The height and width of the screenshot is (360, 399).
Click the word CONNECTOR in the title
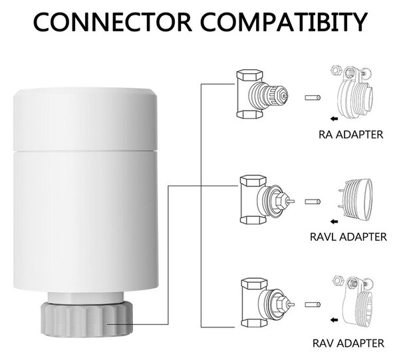(x=112, y=22)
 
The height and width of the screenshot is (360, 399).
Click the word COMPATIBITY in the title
(x=283, y=22)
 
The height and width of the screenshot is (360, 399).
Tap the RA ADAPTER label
(x=350, y=134)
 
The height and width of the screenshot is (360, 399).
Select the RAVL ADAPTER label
(x=348, y=237)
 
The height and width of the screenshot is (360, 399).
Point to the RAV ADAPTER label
(x=348, y=343)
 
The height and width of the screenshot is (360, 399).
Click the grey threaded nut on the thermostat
(x=86, y=319)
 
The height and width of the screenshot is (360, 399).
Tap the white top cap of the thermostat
(x=85, y=119)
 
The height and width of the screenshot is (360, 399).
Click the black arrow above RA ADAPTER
(x=334, y=118)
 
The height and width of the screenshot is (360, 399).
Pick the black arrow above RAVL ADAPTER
(x=334, y=222)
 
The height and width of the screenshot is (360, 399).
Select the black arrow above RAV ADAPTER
(x=334, y=320)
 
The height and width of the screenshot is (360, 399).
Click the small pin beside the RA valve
(x=313, y=98)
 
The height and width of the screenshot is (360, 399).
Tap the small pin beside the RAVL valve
(x=313, y=202)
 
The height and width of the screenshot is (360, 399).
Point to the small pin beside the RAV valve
(x=313, y=304)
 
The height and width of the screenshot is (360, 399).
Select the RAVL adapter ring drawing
(x=356, y=200)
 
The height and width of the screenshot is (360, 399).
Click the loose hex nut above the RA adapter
(x=336, y=71)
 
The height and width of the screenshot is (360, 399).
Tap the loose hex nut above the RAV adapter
(x=338, y=281)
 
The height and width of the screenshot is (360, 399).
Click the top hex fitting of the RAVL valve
(x=253, y=180)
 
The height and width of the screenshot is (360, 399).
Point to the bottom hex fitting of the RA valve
(x=249, y=114)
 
